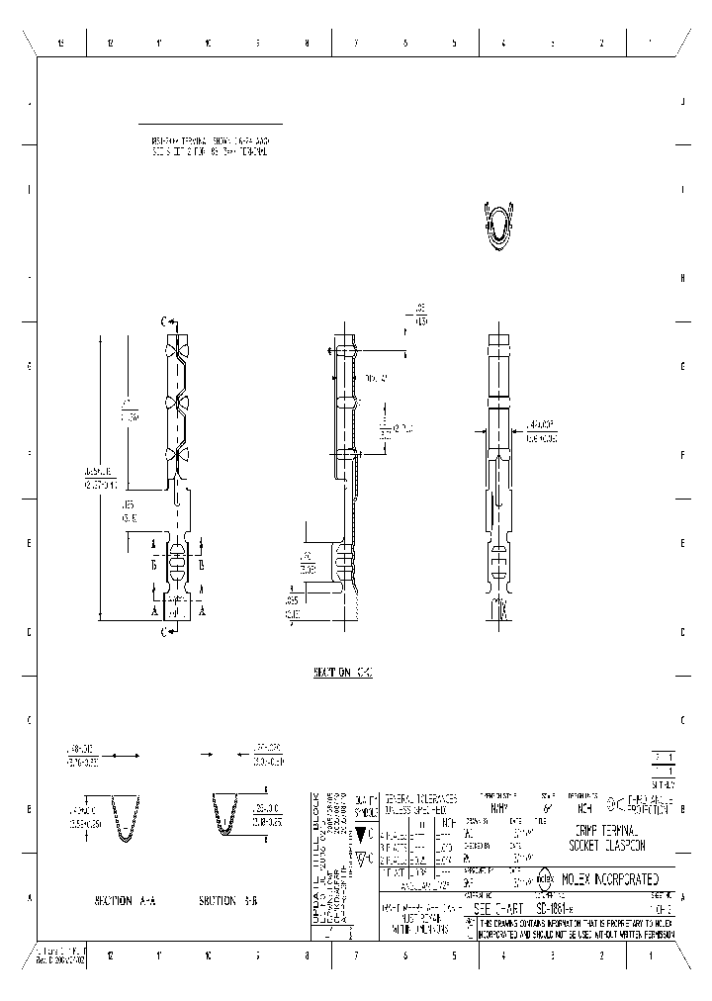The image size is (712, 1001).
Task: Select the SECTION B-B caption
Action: click(x=228, y=900)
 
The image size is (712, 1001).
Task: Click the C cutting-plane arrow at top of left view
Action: click(x=170, y=321)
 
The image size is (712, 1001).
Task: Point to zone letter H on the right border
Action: click(x=683, y=278)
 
